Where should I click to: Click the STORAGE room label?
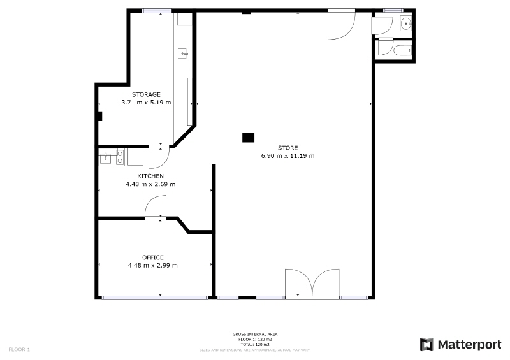pos(146,95)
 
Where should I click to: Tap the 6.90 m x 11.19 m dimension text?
pos(288,155)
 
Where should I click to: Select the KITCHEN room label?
pos(150,176)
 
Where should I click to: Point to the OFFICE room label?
pos(153,257)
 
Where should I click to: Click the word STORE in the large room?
pos(288,148)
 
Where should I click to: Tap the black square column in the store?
pos(248,138)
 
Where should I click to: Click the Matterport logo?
pos(460,345)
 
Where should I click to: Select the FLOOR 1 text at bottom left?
pos(19,350)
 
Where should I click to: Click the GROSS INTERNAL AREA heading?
pos(255,334)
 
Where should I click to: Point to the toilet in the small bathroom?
pos(403,51)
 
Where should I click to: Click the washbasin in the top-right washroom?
pos(406,24)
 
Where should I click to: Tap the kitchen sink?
pos(105,159)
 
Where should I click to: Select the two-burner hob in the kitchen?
pos(120,157)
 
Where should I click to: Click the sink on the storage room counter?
pos(182,54)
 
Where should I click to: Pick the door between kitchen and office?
pos(156,207)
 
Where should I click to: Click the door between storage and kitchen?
pos(159,157)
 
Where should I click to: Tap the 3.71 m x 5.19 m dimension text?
pos(146,103)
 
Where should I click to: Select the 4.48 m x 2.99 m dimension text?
pos(153,265)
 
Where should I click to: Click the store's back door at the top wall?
pos(341,25)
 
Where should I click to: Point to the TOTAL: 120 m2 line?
pos(255,345)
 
